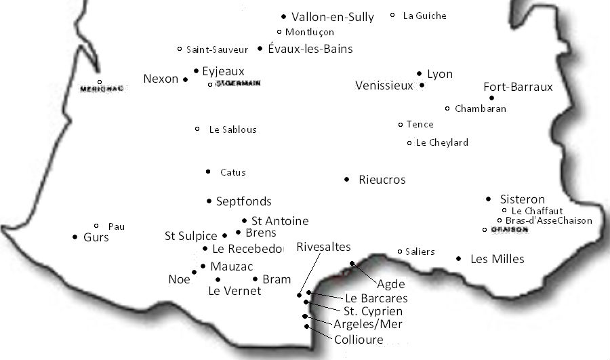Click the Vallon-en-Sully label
click(332, 17)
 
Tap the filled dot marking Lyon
click(420, 74)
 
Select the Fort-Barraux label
click(518, 87)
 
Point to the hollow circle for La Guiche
click(393, 15)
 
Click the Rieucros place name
click(382, 180)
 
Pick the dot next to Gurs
click(75, 237)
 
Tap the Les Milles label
click(497, 259)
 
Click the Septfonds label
click(243, 201)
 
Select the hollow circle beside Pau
click(96, 226)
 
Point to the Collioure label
click(359, 340)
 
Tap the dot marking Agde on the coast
click(352, 263)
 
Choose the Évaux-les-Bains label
click(310, 49)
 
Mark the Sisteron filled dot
click(489, 199)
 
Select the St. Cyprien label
click(372, 311)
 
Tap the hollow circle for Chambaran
click(447, 108)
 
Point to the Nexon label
click(161, 79)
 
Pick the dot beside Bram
click(255, 279)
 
